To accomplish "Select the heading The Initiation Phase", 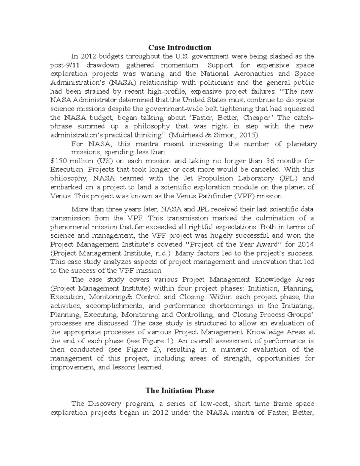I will [x=180, y=391].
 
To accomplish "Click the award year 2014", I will [x=305, y=244].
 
